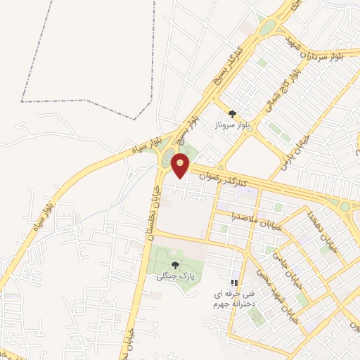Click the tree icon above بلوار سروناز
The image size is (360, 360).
[231, 113]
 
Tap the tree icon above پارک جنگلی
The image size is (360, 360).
[174, 265]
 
